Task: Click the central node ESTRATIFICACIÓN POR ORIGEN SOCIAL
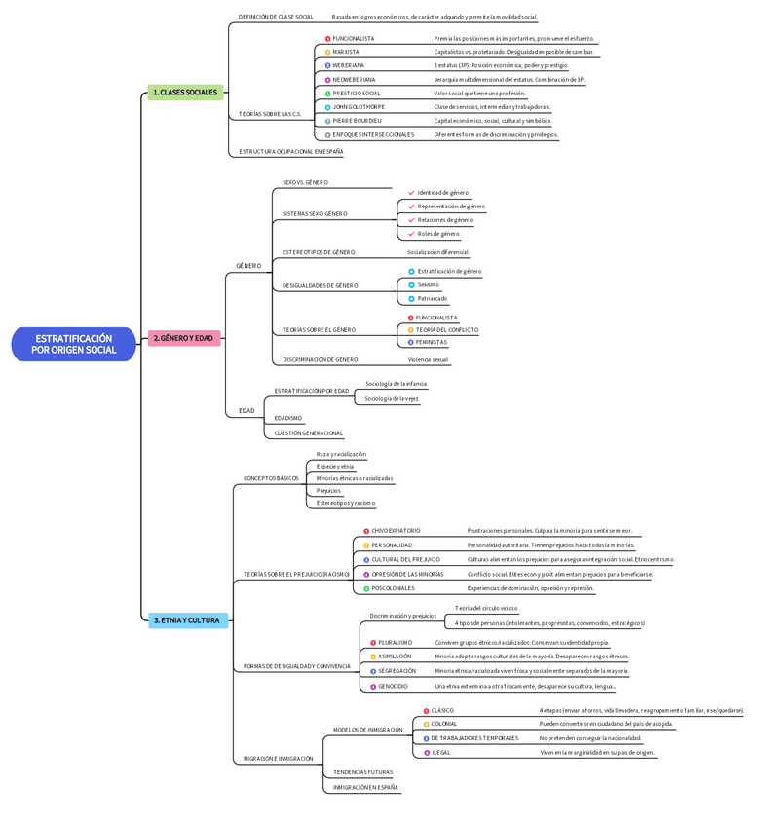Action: [x=74, y=344]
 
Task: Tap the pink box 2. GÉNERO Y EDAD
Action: [x=183, y=338]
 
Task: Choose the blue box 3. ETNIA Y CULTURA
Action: [x=187, y=619]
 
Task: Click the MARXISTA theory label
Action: [x=346, y=52]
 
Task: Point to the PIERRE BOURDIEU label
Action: [x=357, y=121]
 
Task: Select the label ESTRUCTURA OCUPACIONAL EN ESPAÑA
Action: [x=290, y=152]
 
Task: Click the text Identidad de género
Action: [x=442, y=193]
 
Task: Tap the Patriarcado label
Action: [x=433, y=298]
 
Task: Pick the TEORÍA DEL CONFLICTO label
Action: [x=447, y=330]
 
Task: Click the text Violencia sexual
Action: [x=428, y=359]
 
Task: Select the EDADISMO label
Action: [x=288, y=418]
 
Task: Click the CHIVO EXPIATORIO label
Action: [x=396, y=531]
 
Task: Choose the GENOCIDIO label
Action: [x=393, y=687]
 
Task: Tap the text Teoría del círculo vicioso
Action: [x=486, y=608]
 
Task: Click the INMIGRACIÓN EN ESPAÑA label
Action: [x=365, y=787]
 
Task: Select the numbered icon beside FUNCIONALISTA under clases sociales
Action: [x=327, y=39]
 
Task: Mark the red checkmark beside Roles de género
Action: [x=411, y=234]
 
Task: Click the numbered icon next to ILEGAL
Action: [x=426, y=752]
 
